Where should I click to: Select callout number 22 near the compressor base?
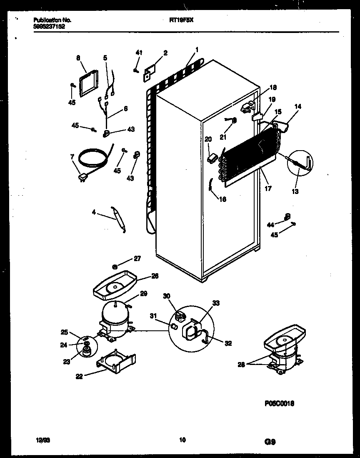click(x=79, y=376)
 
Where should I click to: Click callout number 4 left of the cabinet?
click(x=94, y=212)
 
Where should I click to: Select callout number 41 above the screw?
click(x=139, y=53)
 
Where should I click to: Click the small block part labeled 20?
click(x=212, y=158)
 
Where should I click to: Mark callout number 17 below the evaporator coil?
click(x=268, y=189)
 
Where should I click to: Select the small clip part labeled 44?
click(x=286, y=216)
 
